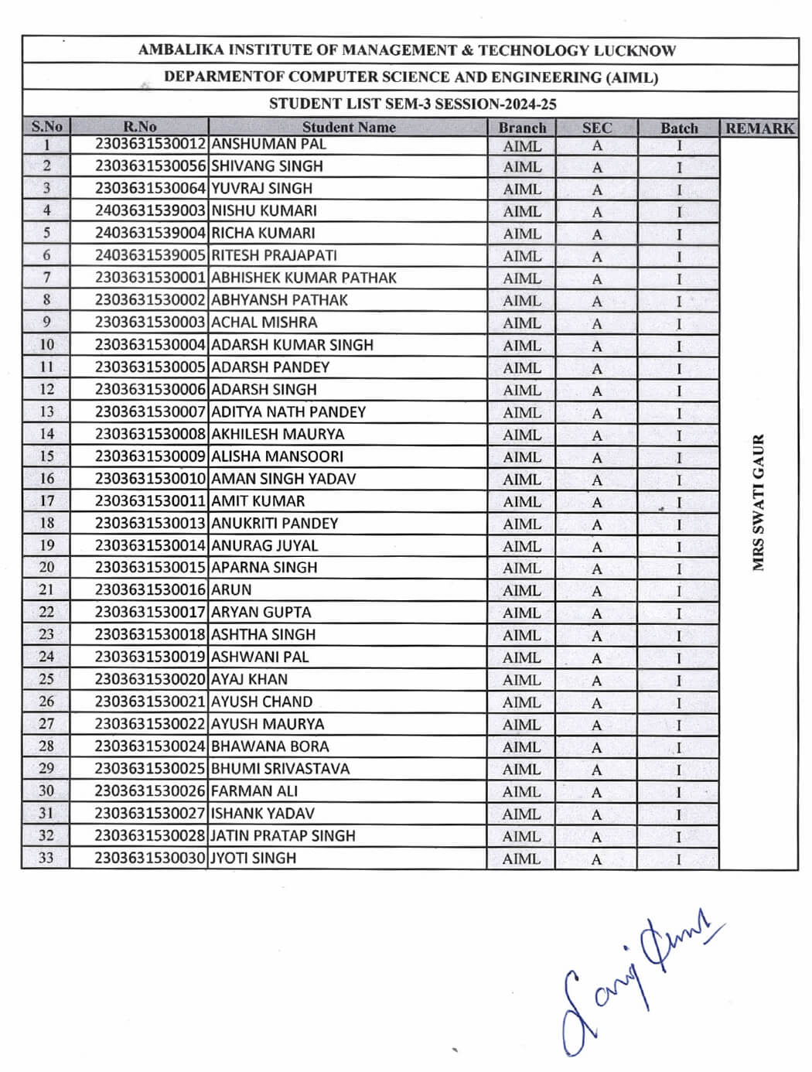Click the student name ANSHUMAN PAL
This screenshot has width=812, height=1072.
268,144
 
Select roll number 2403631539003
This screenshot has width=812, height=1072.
151,210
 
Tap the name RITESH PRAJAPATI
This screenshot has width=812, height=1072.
274,255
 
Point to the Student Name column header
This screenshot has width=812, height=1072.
348,128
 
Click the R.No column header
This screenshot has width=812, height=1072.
139,127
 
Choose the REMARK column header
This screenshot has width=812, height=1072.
759,128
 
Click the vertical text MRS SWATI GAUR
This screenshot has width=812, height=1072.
759,503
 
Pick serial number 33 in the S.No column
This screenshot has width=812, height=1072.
46,858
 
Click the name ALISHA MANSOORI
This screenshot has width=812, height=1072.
277,456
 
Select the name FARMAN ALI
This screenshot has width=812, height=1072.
254,791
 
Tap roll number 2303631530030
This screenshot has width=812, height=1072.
151,858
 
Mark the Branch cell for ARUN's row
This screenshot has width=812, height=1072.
522,590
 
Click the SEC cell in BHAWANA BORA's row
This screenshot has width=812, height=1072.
596,747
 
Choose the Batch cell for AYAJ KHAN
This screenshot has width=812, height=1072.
679,681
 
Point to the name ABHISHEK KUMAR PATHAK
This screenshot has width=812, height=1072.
303,278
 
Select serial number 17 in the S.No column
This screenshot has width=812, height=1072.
46,501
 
